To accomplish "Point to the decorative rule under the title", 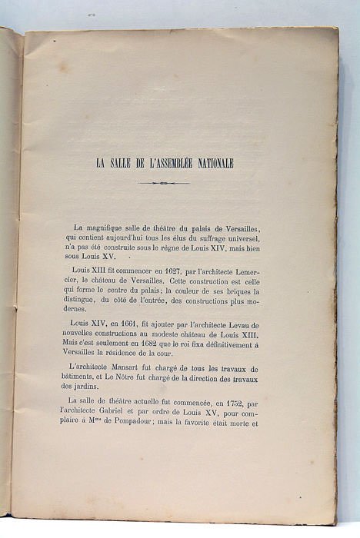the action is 163,183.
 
